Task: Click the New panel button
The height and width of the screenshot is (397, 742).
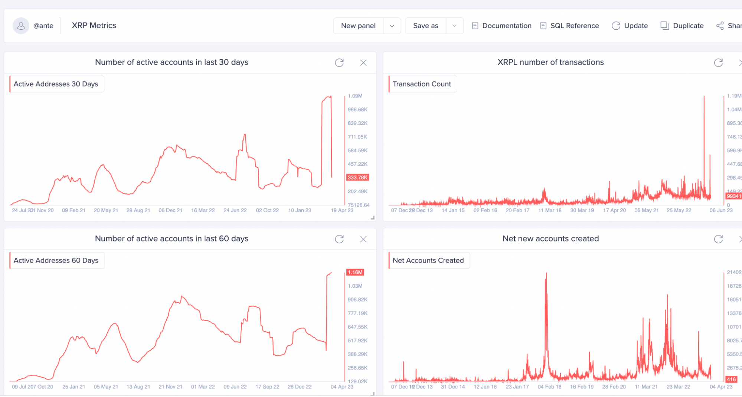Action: [x=358, y=26]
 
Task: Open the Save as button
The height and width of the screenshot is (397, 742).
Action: [x=425, y=26]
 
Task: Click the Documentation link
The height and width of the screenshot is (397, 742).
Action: [x=502, y=26]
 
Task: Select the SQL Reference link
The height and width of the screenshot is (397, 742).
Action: [x=570, y=26]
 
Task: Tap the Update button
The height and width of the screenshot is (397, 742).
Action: [x=630, y=26]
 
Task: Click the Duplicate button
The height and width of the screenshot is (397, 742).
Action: [x=682, y=26]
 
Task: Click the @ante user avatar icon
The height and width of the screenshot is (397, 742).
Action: [x=21, y=26]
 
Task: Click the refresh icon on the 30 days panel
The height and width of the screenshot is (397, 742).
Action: [x=339, y=62]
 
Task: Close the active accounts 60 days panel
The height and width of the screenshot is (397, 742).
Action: [x=363, y=239]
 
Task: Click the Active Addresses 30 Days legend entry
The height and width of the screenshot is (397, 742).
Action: [x=56, y=84]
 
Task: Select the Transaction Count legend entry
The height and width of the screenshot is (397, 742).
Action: [x=422, y=84]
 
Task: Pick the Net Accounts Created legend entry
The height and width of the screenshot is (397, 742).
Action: [x=428, y=260]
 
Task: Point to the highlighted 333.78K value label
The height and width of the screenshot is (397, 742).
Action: [x=357, y=178]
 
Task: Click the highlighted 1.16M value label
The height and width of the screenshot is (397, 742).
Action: [x=355, y=272]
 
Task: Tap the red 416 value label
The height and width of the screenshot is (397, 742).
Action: [x=731, y=379]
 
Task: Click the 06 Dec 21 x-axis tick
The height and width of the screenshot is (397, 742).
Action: [x=170, y=210]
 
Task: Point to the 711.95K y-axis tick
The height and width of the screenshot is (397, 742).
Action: [x=357, y=137]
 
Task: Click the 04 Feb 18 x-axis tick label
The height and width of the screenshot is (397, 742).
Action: [x=549, y=387]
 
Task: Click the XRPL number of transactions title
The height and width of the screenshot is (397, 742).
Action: [x=550, y=62]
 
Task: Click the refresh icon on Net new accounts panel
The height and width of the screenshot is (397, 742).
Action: [x=718, y=239]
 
